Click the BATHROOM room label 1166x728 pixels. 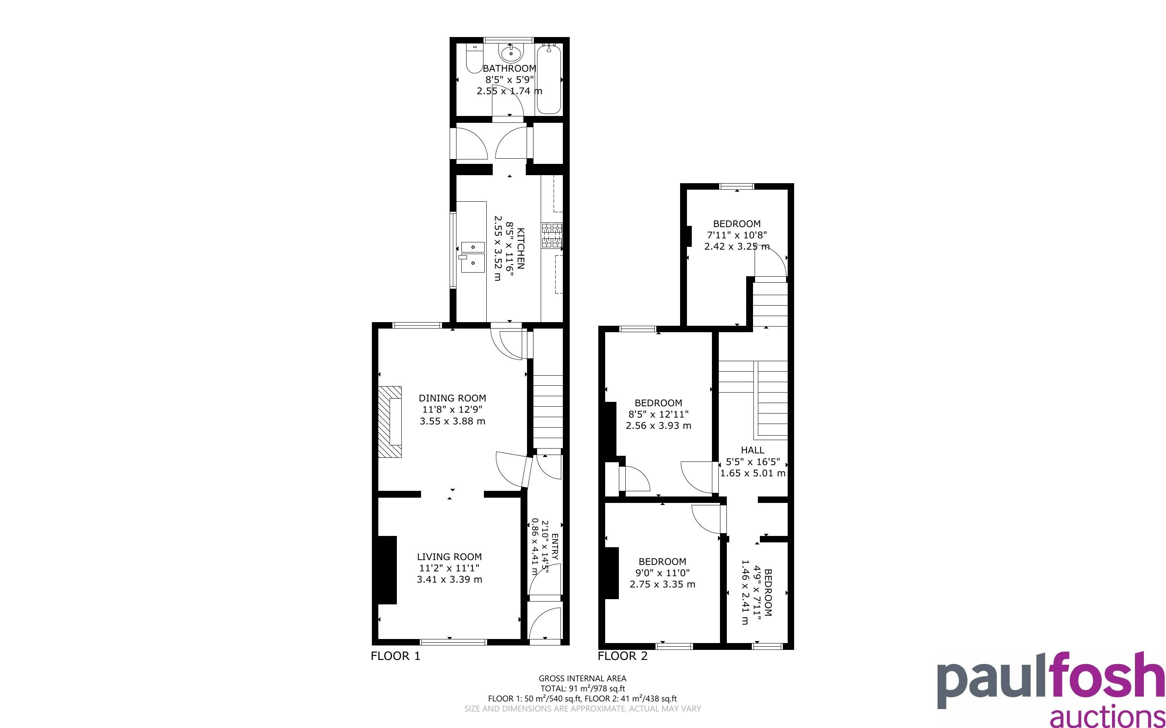tap(509, 68)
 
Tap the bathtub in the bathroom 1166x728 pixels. tap(549, 79)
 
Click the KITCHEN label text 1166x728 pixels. tap(521, 248)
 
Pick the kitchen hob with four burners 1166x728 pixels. tap(552, 236)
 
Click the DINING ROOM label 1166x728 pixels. tap(452, 398)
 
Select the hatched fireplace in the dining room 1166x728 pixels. tap(390, 421)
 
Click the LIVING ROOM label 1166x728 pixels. tap(449, 556)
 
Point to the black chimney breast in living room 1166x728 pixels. tap(387, 570)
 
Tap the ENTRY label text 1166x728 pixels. tap(555, 546)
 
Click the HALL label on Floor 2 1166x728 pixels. tap(752, 450)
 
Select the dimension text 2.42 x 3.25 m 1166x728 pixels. tap(737, 246)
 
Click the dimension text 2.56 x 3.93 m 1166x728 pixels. tap(658, 426)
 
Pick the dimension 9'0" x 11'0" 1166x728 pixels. tap(662, 573)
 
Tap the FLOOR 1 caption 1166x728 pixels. tap(395, 656)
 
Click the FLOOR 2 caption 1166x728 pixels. tap(623, 656)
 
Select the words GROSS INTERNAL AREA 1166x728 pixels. tap(582, 678)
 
